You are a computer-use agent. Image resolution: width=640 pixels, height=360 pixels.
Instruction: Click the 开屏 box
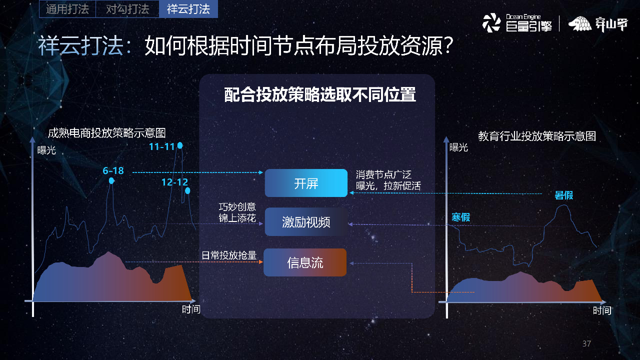click(306, 183)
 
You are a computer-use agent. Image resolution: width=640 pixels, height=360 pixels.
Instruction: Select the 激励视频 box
click(306, 222)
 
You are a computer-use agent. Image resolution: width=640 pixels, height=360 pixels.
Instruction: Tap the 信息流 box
click(305, 262)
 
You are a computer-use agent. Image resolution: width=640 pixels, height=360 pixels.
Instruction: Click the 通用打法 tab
click(67, 9)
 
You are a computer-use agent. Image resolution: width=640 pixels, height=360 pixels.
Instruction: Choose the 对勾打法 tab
click(127, 9)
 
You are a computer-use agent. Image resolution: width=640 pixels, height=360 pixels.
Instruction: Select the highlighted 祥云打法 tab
click(188, 9)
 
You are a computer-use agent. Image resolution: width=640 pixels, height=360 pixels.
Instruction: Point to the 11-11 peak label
click(161, 146)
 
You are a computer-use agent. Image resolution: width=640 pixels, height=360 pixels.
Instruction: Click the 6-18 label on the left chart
click(113, 170)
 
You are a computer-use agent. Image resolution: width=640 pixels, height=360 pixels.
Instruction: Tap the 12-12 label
click(174, 182)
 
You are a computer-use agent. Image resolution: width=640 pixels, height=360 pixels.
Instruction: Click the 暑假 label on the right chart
click(563, 195)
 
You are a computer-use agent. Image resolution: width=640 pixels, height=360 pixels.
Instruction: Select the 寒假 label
click(460, 217)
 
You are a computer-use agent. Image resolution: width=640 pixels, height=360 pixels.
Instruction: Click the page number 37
click(586, 343)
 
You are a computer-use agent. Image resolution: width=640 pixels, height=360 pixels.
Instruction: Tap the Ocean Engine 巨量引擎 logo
click(517, 23)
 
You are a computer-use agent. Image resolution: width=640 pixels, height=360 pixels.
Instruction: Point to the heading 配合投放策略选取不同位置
click(320, 95)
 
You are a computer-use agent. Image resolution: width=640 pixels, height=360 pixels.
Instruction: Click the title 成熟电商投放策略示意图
click(106, 132)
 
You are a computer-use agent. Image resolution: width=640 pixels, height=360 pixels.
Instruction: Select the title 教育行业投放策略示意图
click(537, 136)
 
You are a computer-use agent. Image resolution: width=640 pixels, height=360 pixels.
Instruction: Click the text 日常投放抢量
click(228, 255)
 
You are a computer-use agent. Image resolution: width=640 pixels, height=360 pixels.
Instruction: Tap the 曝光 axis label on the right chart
click(458, 147)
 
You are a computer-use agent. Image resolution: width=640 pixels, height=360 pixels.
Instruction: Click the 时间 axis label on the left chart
click(191, 309)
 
